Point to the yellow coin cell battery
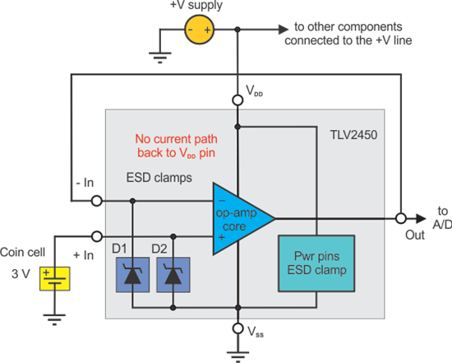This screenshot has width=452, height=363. coord(54,279)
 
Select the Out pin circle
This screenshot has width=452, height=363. coord(400,218)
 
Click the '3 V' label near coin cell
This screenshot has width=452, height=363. coord(16,272)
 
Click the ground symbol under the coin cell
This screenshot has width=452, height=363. coord(54,314)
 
